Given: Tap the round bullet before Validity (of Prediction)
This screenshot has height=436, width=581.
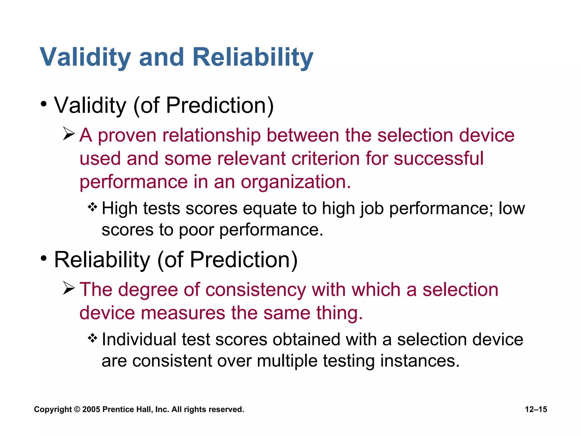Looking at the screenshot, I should point(43,104).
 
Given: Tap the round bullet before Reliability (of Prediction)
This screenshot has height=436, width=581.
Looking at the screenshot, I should point(43,259).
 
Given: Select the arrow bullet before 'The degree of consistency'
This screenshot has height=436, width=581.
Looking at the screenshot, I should point(69,288).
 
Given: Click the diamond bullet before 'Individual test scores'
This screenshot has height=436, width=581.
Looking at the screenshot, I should point(92,338).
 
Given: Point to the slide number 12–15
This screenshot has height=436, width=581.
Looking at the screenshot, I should point(536,409).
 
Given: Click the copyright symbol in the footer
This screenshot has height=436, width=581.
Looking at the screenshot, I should point(77,410).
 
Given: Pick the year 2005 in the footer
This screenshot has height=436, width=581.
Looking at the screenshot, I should point(91,409).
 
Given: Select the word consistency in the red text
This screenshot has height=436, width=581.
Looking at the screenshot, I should point(255,290).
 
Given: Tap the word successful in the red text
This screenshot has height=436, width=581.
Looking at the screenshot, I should point(438,158).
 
